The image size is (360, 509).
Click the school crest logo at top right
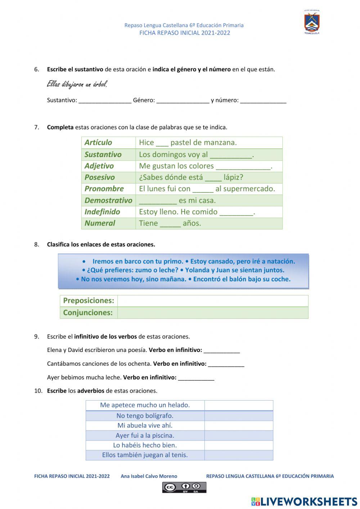312,22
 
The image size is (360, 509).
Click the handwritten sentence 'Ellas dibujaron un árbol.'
77,85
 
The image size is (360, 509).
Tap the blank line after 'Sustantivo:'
105,101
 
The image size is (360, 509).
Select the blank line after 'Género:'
183,101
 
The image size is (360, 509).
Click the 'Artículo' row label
98,143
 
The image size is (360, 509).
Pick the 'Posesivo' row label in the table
100,177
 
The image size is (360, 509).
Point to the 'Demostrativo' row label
108,200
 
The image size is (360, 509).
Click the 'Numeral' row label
100,223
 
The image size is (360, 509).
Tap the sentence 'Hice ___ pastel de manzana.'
188,143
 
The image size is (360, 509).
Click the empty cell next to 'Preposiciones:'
212,301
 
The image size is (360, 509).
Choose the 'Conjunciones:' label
88,313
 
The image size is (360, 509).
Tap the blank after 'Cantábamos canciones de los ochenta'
226,364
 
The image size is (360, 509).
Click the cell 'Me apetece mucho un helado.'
145,405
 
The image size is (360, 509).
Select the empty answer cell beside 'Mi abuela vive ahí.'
239,425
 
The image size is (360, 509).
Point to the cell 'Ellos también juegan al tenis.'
145,455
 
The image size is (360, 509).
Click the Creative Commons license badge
184,487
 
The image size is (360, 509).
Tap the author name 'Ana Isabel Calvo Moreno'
149,476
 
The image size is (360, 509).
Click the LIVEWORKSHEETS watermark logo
304,501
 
